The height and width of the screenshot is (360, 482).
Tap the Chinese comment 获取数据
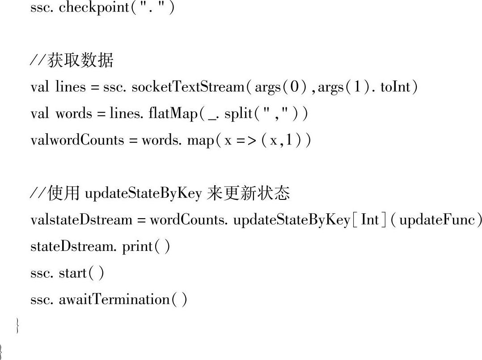pos(80,60)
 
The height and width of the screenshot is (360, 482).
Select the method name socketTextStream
pos(188,87)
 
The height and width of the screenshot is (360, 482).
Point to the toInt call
pos(395,87)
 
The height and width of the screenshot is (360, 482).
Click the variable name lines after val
pos(70,87)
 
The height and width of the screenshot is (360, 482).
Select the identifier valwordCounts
pos(77,140)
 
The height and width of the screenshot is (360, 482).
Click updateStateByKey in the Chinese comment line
pos(144,194)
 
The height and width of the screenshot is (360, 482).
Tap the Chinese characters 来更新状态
pos(249,193)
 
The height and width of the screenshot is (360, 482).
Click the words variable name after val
pos(73,114)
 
